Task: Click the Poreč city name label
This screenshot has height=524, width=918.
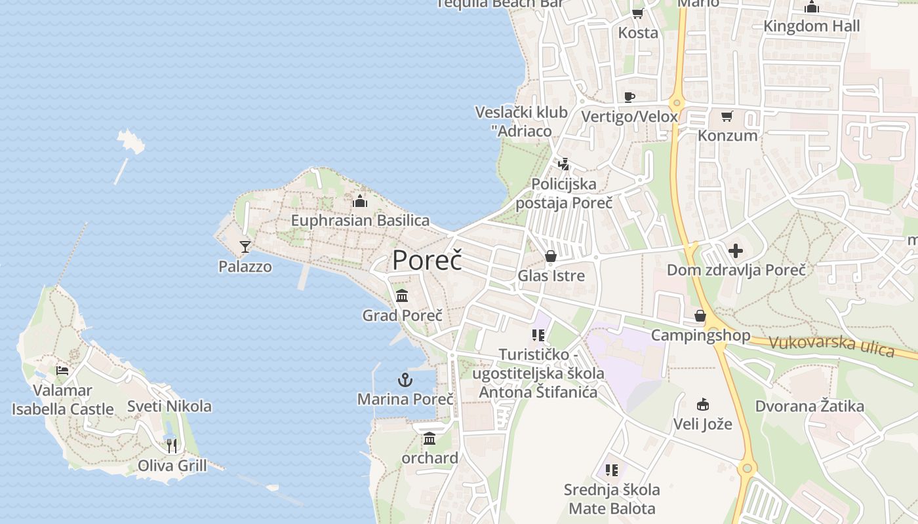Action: [427, 261]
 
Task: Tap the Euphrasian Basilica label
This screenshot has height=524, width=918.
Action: [360, 221]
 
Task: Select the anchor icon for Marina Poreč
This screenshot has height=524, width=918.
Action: [405, 380]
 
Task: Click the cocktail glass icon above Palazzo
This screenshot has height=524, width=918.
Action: [245, 247]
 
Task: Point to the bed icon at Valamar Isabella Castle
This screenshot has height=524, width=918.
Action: [62, 371]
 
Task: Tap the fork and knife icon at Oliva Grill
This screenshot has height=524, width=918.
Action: [172, 446]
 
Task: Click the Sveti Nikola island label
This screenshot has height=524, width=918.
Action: [169, 406]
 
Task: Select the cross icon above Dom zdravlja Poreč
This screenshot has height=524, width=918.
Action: [736, 251]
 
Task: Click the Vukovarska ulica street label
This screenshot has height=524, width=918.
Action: [831, 346]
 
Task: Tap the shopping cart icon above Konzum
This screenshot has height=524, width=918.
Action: [727, 117]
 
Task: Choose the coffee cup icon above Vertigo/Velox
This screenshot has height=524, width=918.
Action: [629, 98]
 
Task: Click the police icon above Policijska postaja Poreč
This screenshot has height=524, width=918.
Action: [563, 164]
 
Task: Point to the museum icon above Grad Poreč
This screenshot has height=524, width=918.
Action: [402, 296]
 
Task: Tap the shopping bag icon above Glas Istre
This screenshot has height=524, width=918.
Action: [551, 256]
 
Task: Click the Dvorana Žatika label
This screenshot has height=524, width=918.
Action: [809, 406]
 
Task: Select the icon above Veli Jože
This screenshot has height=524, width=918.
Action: [702, 403]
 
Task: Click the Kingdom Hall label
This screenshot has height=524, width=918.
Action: [812, 26]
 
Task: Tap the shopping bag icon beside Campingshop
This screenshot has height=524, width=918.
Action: [700, 316]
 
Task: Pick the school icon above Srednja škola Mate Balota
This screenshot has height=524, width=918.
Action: [612, 470]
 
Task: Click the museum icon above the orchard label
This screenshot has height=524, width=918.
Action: [429, 438]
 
